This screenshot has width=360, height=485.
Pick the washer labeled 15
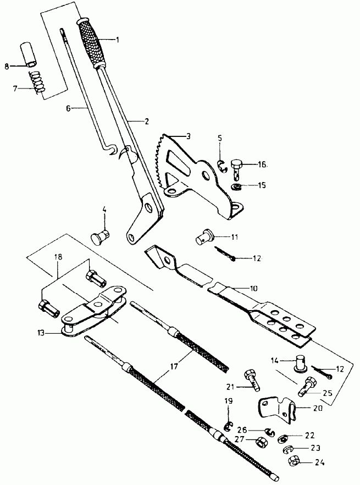(x=236, y=187)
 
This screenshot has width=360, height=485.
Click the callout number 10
(x=253, y=288)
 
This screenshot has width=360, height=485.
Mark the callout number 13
(x=41, y=333)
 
